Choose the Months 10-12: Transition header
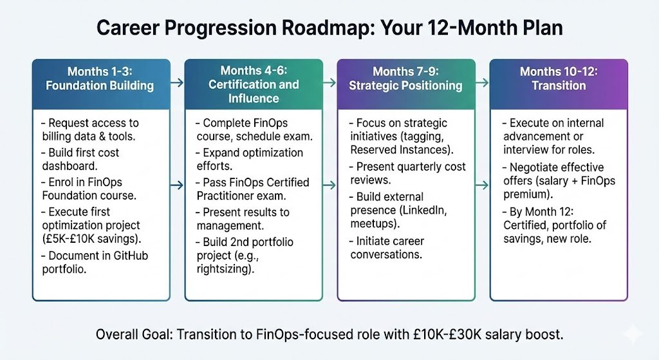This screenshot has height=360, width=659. (558, 78)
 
